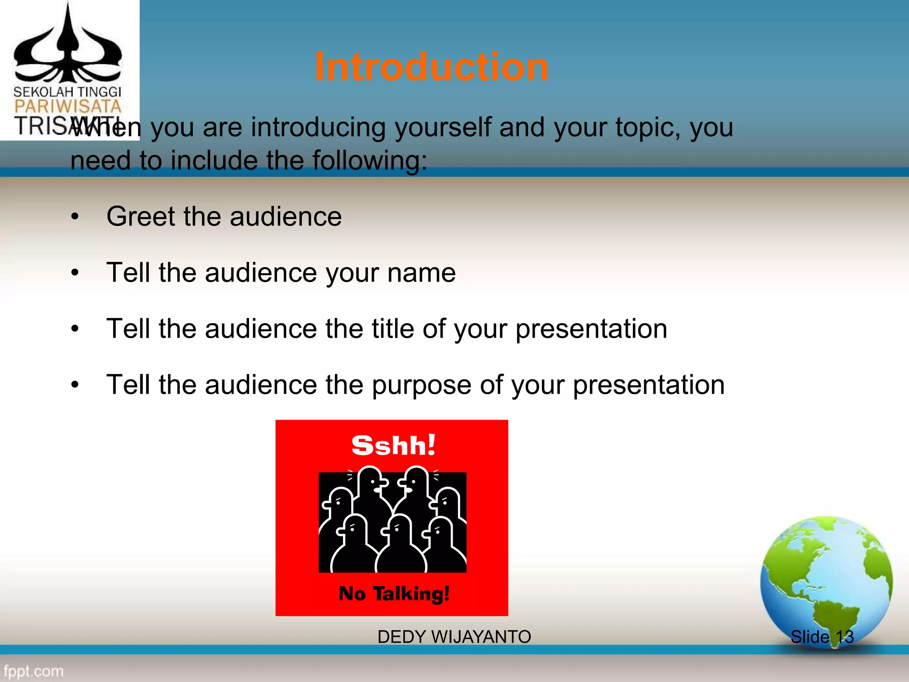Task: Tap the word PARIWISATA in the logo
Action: pyautogui.click(x=67, y=107)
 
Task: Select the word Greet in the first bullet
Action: pyautogui.click(x=141, y=217)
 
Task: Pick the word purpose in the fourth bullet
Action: pyautogui.click(x=421, y=385)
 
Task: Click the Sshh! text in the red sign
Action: pyautogui.click(x=393, y=445)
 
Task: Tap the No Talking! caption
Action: pyautogui.click(x=394, y=594)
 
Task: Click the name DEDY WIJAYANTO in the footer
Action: pyautogui.click(x=454, y=637)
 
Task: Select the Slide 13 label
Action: pyautogui.click(x=822, y=637)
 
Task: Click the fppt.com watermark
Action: pyautogui.click(x=34, y=671)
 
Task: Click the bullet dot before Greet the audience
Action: pyautogui.click(x=75, y=217)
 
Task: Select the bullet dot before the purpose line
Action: pyautogui.click(x=75, y=385)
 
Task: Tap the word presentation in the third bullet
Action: pyautogui.click(x=591, y=329)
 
